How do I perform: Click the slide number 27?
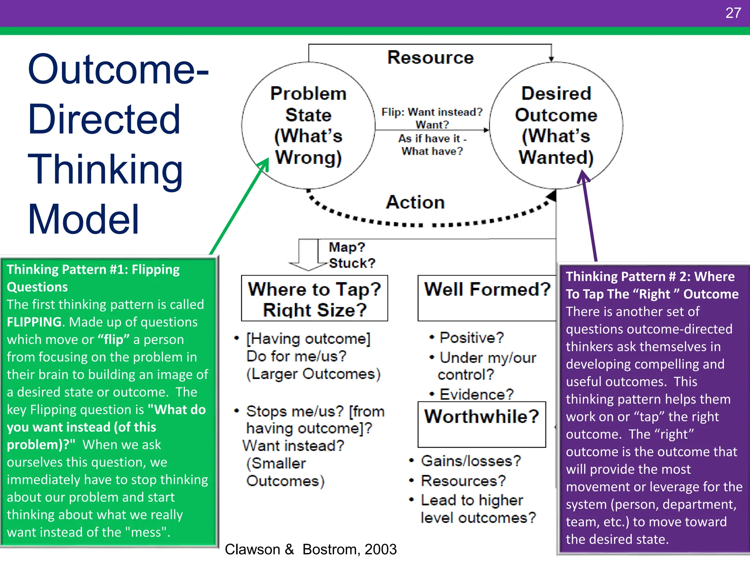(x=733, y=13)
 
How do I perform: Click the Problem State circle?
(x=308, y=125)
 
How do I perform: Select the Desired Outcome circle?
(x=556, y=125)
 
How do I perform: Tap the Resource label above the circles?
(x=430, y=58)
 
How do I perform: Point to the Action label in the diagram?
(x=415, y=202)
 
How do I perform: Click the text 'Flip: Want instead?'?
(x=432, y=112)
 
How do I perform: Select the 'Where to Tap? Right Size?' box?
(x=314, y=298)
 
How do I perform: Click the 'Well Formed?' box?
(x=487, y=298)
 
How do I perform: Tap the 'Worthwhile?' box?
(x=482, y=424)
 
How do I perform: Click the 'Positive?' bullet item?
(x=472, y=338)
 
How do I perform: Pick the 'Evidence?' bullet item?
(x=476, y=394)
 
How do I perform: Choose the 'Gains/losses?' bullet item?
(x=471, y=461)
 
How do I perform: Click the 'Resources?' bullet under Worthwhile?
(x=463, y=481)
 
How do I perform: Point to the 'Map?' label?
(x=347, y=247)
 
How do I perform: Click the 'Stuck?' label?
(x=352, y=263)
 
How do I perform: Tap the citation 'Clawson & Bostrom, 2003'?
(x=311, y=549)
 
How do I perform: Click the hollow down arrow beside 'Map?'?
(x=308, y=255)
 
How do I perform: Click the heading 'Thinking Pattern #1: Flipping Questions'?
(x=93, y=278)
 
